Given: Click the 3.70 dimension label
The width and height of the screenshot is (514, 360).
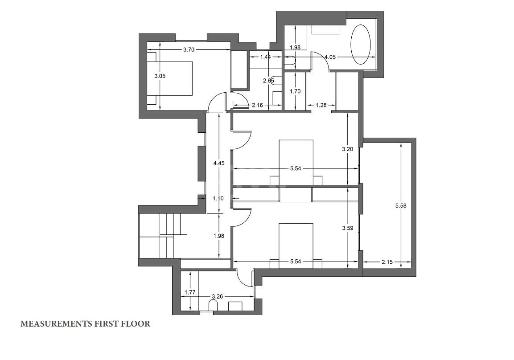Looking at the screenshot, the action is pyautogui.click(x=189, y=50).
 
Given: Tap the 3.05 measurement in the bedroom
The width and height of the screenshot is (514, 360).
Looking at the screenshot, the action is pyautogui.click(x=160, y=76).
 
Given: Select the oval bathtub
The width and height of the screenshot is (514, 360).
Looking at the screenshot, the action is pyautogui.click(x=361, y=45).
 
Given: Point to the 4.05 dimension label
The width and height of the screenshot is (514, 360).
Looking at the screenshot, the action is pyautogui.click(x=330, y=57).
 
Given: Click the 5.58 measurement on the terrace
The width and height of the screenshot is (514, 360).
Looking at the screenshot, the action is pyautogui.click(x=401, y=206).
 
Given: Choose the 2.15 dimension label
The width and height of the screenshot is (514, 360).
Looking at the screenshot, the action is pyautogui.click(x=387, y=262).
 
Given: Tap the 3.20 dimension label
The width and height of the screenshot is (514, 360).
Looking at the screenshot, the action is pyautogui.click(x=347, y=149).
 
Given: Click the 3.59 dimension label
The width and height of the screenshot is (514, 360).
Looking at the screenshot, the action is pyautogui.click(x=347, y=228).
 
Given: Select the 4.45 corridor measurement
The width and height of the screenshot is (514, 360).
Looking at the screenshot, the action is pyautogui.click(x=218, y=163).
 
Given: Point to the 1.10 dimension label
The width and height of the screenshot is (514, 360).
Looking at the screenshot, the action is pyautogui.click(x=218, y=198).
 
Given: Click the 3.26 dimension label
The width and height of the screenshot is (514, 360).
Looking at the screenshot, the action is pyautogui.click(x=218, y=296).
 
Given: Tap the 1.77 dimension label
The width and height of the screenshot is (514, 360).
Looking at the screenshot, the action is pyautogui.click(x=190, y=292).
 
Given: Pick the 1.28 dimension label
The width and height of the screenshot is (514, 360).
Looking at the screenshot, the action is pyautogui.click(x=321, y=105).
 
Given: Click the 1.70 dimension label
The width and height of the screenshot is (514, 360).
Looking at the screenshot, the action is pyautogui.click(x=295, y=91).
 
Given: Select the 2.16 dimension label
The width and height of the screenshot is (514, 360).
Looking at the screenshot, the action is pyautogui.click(x=257, y=105).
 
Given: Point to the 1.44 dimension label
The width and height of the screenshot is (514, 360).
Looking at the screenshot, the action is pyautogui.click(x=265, y=57).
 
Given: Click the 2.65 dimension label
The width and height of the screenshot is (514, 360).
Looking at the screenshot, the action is pyautogui.click(x=268, y=80).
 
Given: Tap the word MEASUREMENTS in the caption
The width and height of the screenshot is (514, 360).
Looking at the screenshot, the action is pyautogui.click(x=56, y=324).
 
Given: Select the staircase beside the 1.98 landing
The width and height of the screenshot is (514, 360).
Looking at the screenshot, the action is pyautogui.click(x=163, y=235).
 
